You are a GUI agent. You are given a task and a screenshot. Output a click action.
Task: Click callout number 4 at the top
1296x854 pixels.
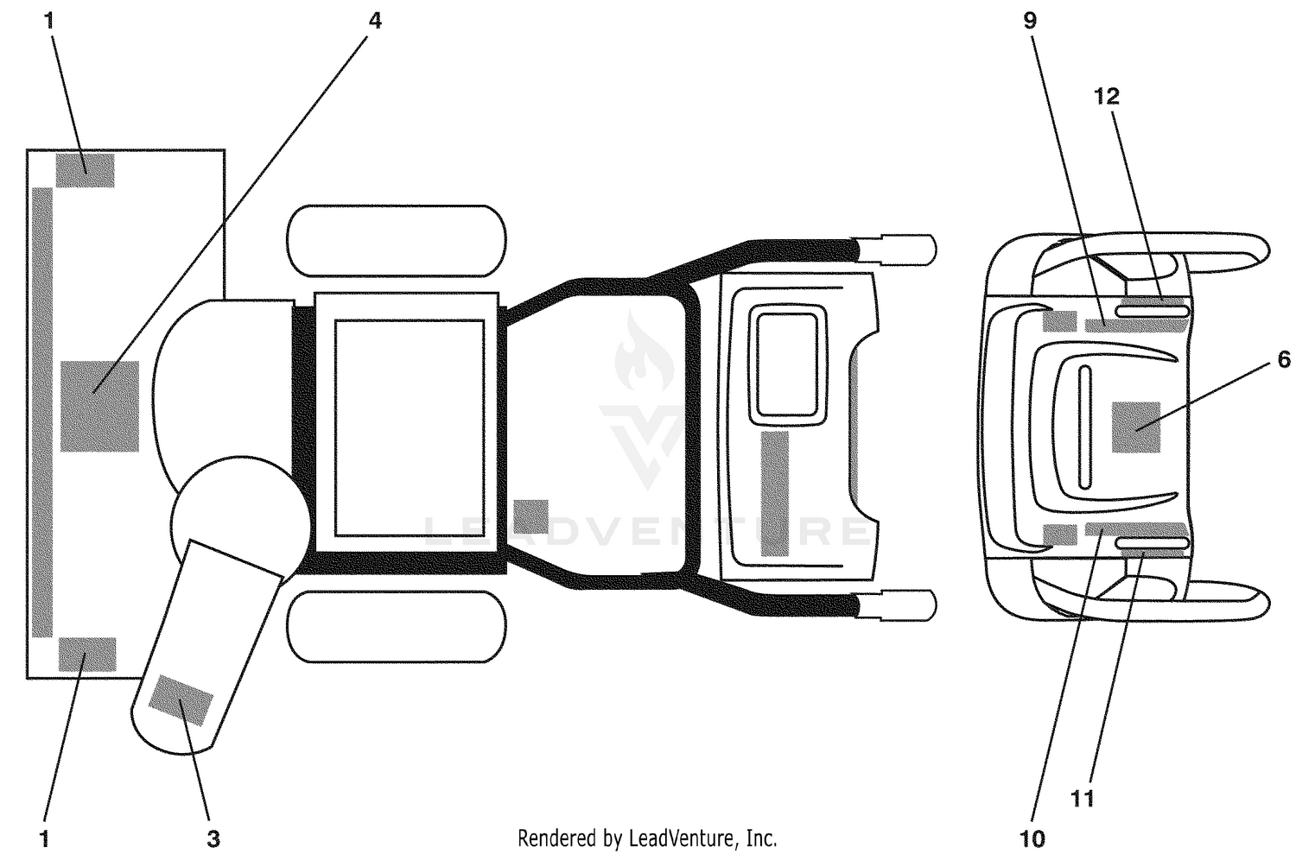click(x=375, y=21)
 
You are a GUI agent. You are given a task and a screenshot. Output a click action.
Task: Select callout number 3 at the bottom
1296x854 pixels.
click(x=213, y=838)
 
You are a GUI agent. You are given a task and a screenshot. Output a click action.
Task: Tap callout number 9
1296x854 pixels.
click(x=1030, y=21)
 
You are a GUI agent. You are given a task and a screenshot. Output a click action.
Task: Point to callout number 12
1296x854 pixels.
click(x=1106, y=96)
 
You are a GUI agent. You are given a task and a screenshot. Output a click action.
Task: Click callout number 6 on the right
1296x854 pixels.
click(x=1283, y=359)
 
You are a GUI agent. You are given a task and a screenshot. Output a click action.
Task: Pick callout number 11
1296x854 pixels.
click(x=1083, y=799)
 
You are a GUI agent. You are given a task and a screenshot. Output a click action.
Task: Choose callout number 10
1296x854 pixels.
click(x=1032, y=838)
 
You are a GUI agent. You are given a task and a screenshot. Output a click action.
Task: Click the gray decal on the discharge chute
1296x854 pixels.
click(x=181, y=700)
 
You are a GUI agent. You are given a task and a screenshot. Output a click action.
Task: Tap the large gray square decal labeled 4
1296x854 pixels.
click(x=99, y=406)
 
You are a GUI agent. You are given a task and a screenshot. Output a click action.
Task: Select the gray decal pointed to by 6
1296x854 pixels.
click(x=1136, y=427)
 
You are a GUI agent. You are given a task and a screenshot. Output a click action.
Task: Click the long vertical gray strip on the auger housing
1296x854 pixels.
click(x=42, y=412)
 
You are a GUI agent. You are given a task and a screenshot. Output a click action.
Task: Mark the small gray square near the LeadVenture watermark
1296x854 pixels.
click(x=530, y=516)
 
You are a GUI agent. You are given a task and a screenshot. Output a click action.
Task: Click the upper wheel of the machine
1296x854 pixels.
click(x=397, y=240)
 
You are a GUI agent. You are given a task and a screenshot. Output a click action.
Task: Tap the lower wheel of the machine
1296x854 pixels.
click(x=397, y=627)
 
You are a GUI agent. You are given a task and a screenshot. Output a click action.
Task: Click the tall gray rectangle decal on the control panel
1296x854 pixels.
click(x=775, y=494)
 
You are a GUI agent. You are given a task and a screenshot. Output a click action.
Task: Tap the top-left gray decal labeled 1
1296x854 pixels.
click(x=85, y=170)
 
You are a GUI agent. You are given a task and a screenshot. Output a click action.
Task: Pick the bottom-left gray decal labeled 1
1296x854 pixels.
click(x=87, y=654)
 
